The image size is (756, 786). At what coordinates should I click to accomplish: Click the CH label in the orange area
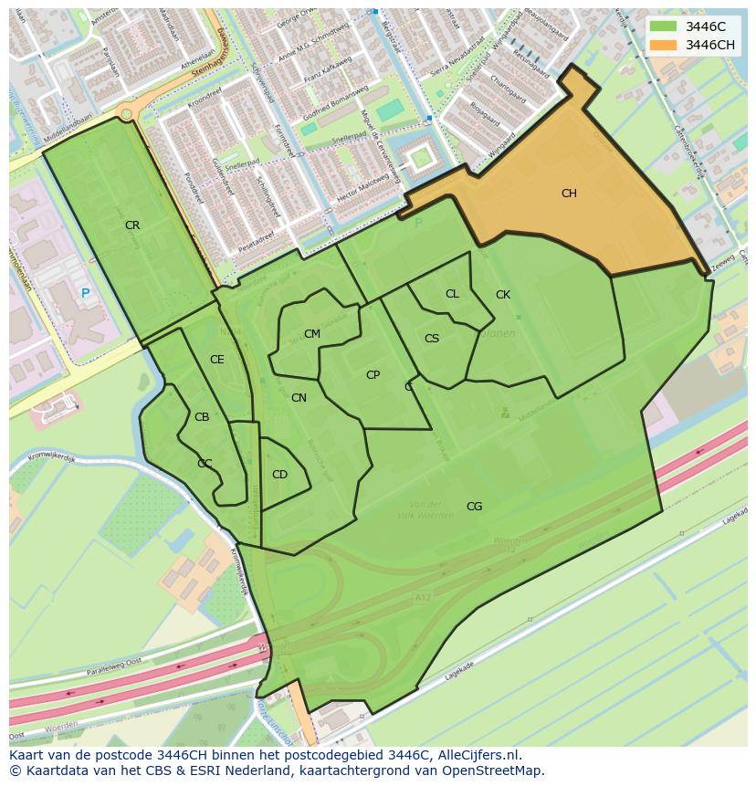click(569, 194)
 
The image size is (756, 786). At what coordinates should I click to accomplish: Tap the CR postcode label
click(132, 225)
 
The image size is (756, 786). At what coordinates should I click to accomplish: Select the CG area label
click(474, 507)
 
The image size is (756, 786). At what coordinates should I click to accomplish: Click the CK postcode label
click(503, 295)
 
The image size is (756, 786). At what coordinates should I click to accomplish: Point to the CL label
click(452, 294)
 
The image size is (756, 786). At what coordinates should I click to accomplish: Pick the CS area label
click(432, 339)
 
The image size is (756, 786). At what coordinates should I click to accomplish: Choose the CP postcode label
click(373, 375)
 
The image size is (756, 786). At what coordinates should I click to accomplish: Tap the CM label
click(312, 334)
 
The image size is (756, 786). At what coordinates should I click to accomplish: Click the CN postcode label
click(299, 398)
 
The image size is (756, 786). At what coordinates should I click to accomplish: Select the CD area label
click(279, 475)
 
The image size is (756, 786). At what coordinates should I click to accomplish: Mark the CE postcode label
click(216, 360)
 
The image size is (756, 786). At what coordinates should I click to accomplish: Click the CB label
click(202, 417)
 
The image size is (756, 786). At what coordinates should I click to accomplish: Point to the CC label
click(205, 464)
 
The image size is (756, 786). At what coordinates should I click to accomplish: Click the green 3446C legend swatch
click(665, 26)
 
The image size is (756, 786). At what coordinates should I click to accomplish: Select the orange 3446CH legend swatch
click(665, 45)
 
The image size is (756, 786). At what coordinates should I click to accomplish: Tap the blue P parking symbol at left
click(85, 293)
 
